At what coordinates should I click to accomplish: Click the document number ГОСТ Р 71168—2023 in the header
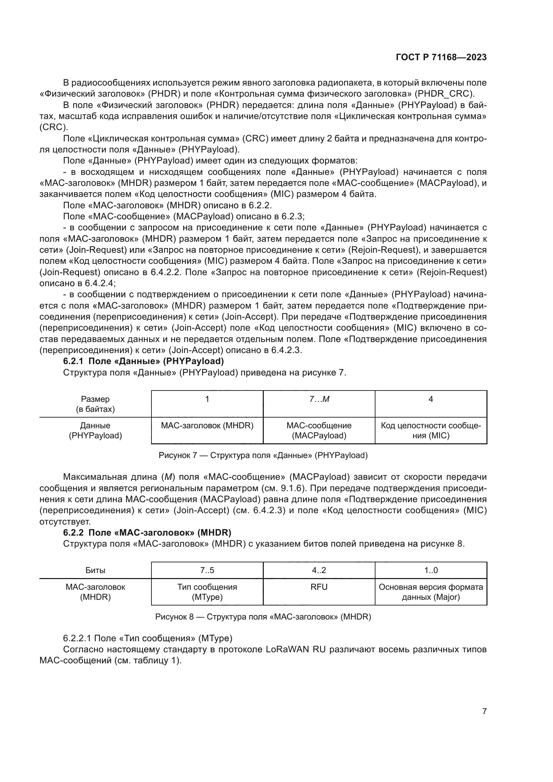pyautogui.click(x=441, y=57)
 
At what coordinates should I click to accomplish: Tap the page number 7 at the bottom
pyautogui.click(x=484, y=711)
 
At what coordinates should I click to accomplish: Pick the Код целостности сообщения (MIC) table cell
pyautogui.click(x=431, y=431)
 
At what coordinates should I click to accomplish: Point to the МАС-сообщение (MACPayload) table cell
pyautogui.click(x=319, y=431)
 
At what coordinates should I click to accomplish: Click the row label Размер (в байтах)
pyautogui.click(x=95, y=404)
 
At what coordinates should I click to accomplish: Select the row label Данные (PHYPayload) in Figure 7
pyautogui.click(x=95, y=431)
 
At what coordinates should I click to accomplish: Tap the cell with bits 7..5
pyautogui.click(x=207, y=570)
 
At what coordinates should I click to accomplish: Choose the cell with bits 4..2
pyautogui.click(x=319, y=570)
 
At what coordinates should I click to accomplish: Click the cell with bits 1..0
pyautogui.click(x=431, y=570)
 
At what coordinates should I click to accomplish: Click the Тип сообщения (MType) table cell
pyautogui.click(x=207, y=592)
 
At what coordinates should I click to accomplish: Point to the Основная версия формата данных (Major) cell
pyautogui.click(x=431, y=592)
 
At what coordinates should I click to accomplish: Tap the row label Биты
pyautogui.click(x=95, y=570)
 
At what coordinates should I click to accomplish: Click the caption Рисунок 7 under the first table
pyautogui.click(x=263, y=455)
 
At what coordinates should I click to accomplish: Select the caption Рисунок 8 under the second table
pyautogui.click(x=263, y=617)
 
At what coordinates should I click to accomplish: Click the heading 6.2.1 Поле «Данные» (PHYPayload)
pyautogui.click(x=143, y=361)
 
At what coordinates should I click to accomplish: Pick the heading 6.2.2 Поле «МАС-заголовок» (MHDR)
pyautogui.click(x=147, y=532)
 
